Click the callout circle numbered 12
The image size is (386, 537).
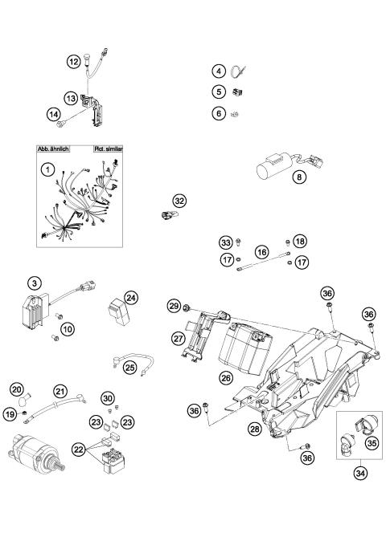click(x=73, y=59)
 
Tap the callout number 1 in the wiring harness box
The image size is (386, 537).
click(x=49, y=170)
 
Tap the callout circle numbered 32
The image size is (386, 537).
click(x=179, y=201)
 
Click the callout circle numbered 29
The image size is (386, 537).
click(x=172, y=306)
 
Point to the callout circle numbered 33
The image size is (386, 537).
click(x=226, y=242)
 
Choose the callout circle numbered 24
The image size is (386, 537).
click(x=132, y=297)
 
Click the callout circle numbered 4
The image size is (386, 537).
click(x=217, y=71)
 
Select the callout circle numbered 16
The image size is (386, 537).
click(x=261, y=252)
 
